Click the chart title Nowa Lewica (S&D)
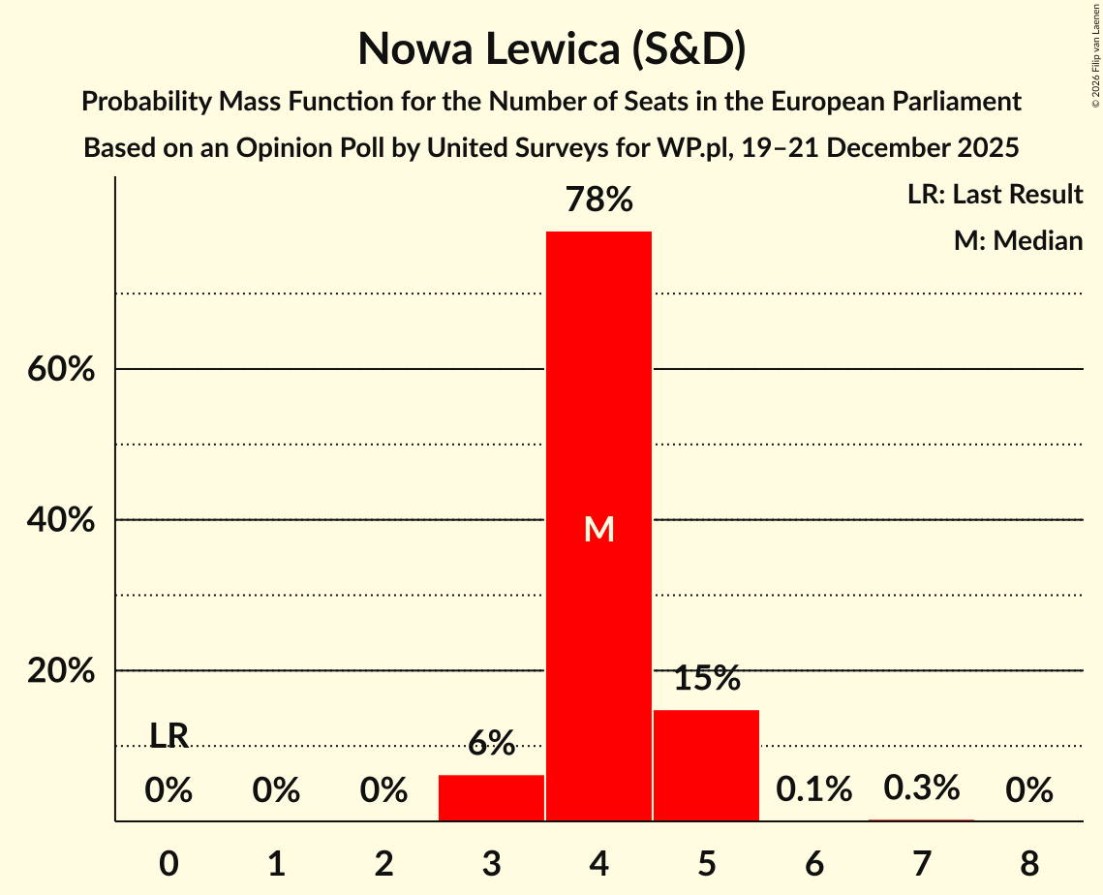(551, 49)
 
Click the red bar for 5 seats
(706, 765)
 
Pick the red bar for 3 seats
(491, 797)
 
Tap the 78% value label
(598, 201)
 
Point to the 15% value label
(706, 679)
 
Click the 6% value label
(491, 744)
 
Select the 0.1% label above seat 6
(813, 789)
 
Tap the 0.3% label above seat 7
(921, 787)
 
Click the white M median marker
(598, 529)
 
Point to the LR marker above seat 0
(169, 736)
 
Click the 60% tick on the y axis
(60, 370)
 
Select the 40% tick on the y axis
(60, 520)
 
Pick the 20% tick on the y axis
(60, 671)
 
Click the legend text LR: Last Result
(995, 195)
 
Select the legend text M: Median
(1018, 240)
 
